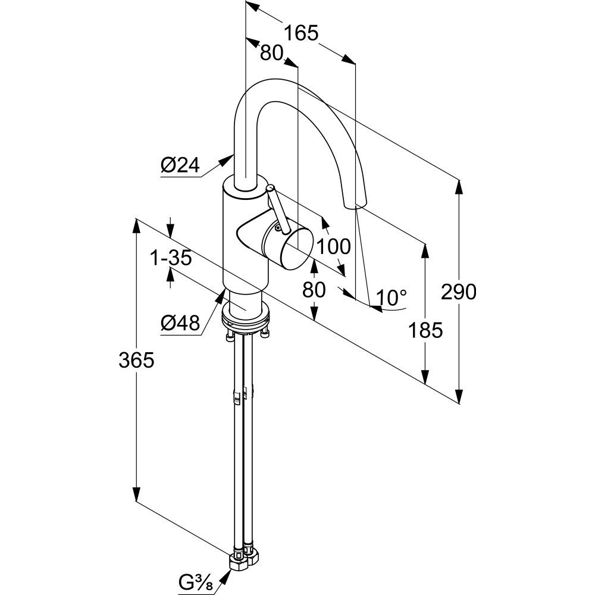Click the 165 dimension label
[x=300, y=33]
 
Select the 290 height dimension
[x=459, y=292]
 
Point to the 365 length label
[x=136, y=359]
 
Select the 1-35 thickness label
[x=171, y=258]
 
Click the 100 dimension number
[x=333, y=245]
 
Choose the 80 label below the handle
[x=314, y=290]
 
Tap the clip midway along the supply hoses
[x=243, y=394]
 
